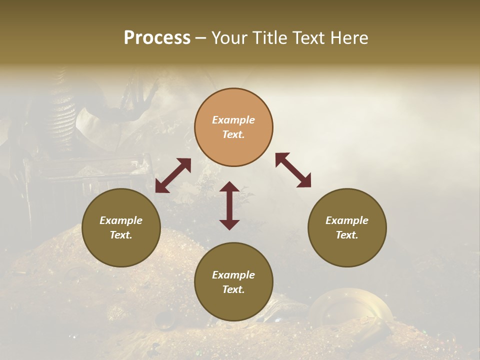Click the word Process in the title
[x=157, y=38]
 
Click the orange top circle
[x=233, y=127]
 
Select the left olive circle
[x=121, y=227]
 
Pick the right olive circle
[x=347, y=227]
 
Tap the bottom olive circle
[x=233, y=281]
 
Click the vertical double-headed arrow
[x=229, y=205]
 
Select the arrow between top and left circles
[x=173, y=175]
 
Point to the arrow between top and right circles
[x=293, y=170]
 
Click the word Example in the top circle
[x=233, y=120]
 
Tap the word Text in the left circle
[x=121, y=235]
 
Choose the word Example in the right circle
[x=347, y=220]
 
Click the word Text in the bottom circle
[x=233, y=289]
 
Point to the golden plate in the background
[x=350, y=305]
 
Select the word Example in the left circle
[x=121, y=220]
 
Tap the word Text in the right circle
[x=347, y=235]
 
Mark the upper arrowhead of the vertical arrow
[x=229, y=186]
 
